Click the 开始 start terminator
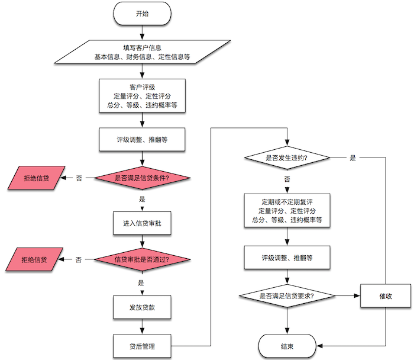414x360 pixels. pyautogui.click(x=142, y=14)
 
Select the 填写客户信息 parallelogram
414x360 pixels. pyautogui.click(x=142, y=52)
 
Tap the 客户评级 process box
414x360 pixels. pyautogui.click(x=142, y=97)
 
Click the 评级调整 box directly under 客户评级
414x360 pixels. pyautogui.click(x=142, y=140)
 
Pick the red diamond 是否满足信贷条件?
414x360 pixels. pyautogui.click(x=142, y=178)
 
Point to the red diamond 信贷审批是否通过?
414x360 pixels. pyautogui.click(x=142, y=259)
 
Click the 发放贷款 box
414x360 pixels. pyautogui.click(x=142, y=308)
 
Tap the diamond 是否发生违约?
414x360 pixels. pyautogui.click(x=287, y=158)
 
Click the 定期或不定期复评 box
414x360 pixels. pyautogui.click(x=287, y=210)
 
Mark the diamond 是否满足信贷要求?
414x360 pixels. pyautogui.click(x=287, y=295)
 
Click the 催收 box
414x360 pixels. pyautogui.click(x=386, y=295)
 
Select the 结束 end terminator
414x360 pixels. pyautogui.click(x=287, y=346)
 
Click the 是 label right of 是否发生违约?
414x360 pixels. pyautogui.click(x=353, y=158)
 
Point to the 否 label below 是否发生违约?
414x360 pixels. pyautogui.click(x=287, y=179)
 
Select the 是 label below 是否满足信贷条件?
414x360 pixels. pyautogui.click(x=142, y=200)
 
